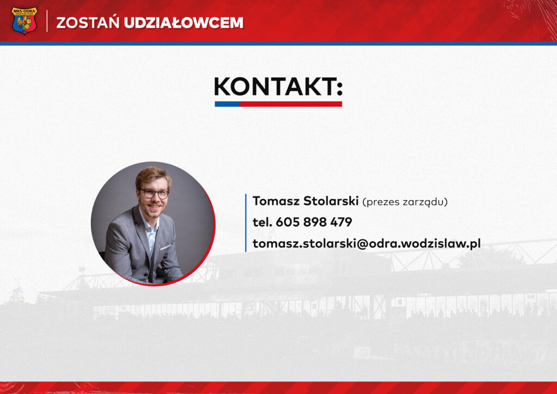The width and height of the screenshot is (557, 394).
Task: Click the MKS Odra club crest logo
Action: [24, 21]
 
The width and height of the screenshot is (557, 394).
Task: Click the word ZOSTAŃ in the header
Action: [88, 23]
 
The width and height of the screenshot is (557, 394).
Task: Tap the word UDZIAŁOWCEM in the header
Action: [183, 23]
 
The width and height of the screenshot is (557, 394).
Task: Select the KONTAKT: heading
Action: [278, 87]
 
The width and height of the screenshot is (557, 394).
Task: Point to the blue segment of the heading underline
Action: [227, 104]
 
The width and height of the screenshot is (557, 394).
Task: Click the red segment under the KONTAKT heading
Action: [291, 104]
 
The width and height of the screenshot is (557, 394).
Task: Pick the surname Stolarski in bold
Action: [331, 201]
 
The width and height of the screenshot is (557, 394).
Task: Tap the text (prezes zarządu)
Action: [405, 202]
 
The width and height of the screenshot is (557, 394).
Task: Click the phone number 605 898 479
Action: [314, 222]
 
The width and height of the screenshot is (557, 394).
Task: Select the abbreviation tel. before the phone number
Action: [262, 222]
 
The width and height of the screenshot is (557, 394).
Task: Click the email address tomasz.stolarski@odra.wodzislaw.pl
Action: [367, 243]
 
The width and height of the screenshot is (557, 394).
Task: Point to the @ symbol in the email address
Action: [362, 244]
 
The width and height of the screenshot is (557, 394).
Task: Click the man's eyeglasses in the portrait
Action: [154, 194]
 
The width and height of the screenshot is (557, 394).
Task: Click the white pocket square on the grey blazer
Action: [165, 247]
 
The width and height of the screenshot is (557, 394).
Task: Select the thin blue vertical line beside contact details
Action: [246, 223]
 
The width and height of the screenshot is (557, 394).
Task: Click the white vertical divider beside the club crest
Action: [47, 21]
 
